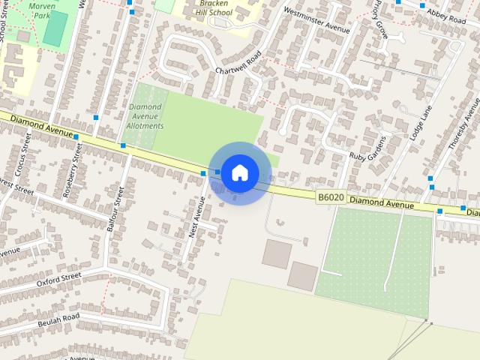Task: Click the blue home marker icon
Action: click(240, 173)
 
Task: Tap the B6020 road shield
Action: click(330, 197)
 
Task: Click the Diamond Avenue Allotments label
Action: click(145, 116)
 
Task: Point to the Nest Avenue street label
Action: click(197, 217)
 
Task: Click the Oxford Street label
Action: click(58, 280)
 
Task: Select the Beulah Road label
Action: click(58, 319)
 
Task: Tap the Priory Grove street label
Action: click(380, 20)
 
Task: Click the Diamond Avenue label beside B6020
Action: click(381, 202)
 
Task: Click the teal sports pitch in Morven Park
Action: click(55, 28)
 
